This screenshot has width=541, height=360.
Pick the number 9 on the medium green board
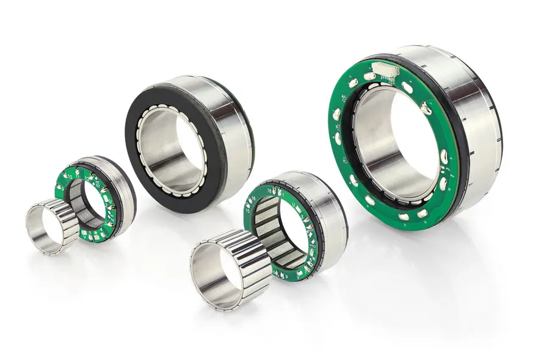coord(286,276)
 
